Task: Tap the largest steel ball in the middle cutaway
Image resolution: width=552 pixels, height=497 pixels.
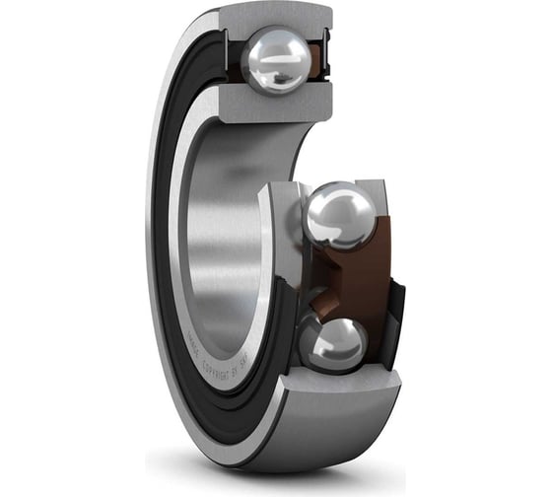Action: tap(340, 214)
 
